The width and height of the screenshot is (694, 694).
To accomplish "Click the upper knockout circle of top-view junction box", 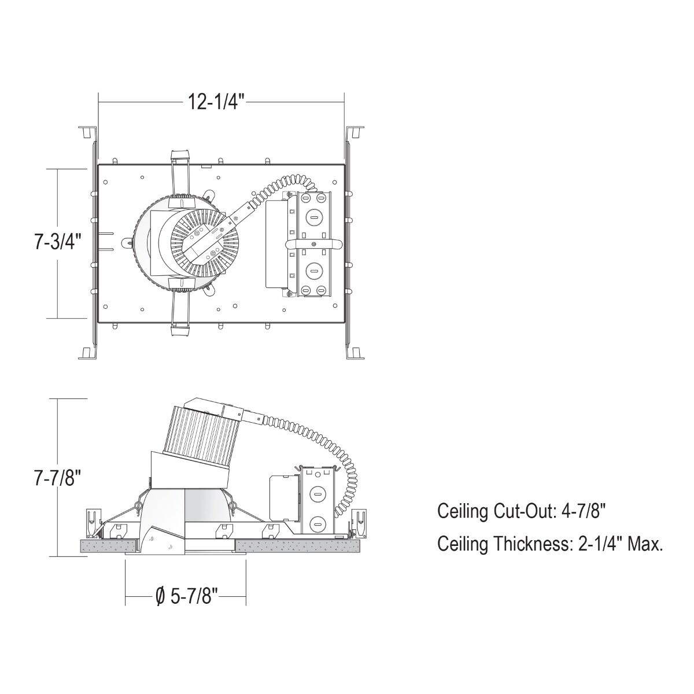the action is click(312, 217).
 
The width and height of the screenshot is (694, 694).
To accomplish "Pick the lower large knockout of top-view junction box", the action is click(312, 269).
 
